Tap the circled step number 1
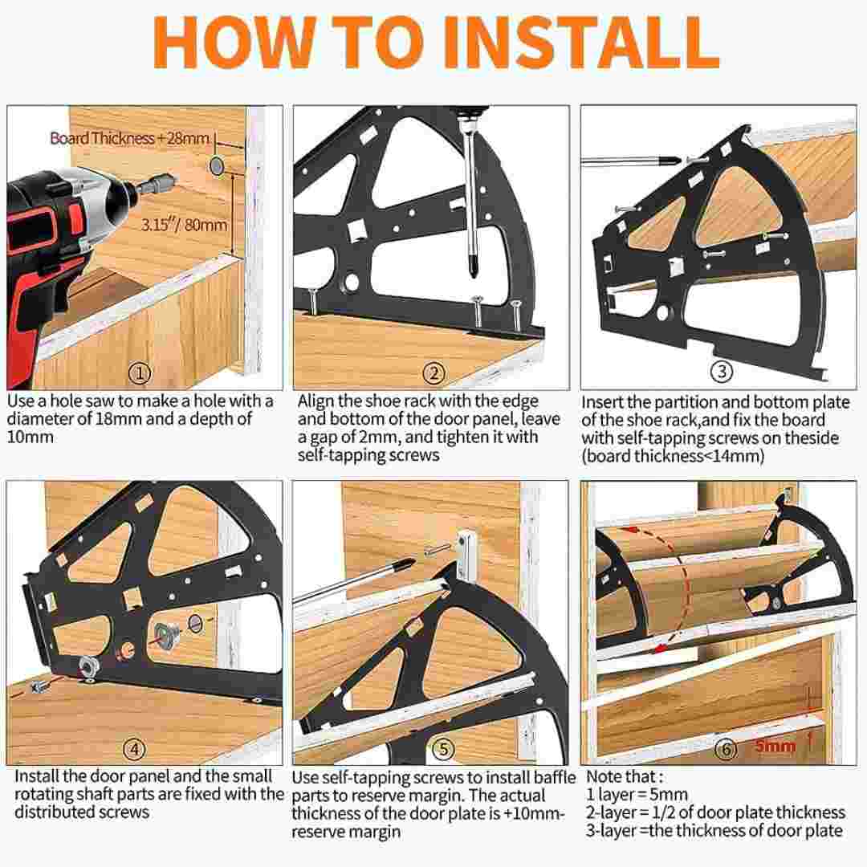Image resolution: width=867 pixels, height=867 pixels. pyautogui.click(x=140, y=373)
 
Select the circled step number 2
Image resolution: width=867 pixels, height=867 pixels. pyautogui.click(x=434, y=373)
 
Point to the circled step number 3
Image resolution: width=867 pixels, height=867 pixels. pyautogui.click(x=722, y=371)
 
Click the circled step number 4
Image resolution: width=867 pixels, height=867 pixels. pyautogui.click(x=134, y=749)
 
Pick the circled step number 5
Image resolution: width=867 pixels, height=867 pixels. pyautogui.click(x=443, y=749)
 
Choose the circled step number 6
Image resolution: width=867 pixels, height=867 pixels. pyautogui.click(x=726, y=749)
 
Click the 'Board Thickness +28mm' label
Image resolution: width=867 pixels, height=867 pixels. pyautogui.click(x=129, y=138)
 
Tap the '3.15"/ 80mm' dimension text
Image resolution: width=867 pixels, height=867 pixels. pyautogui.click(x=184, y=225)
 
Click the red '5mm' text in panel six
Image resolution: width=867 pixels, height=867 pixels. pyautogui.click(x=775, y=745)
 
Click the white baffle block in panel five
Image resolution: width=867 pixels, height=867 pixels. pyautogui.click(x=466, y=555)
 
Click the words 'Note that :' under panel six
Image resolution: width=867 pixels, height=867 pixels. pyautogui.click(x=625, y=776)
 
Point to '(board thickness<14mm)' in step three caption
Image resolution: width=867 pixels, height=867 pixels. pyautogui.click(x=673, y=456)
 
